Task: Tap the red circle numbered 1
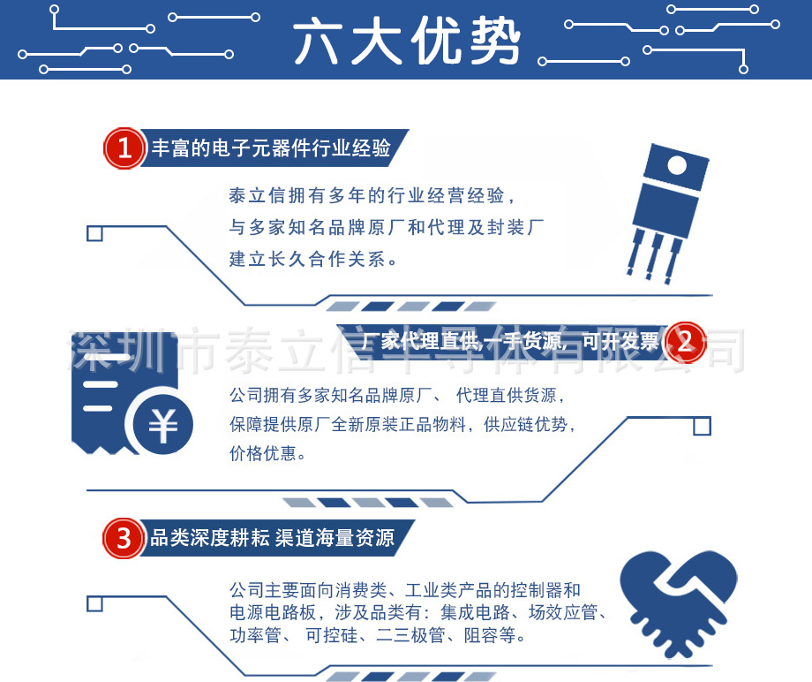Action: [124, 148]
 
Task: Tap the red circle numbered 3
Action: [124, 537]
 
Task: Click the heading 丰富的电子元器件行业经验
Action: [271, 148]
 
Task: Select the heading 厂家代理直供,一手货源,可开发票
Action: [510, 342]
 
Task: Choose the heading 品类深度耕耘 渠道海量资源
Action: [272, 537]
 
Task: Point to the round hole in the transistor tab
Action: [677, 166]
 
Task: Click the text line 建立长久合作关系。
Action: [313, 260]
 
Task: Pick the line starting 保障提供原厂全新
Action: [402, 424]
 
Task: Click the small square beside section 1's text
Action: [94, 233]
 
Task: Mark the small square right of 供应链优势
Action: [702, 427]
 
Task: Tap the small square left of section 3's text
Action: [94, 604]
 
